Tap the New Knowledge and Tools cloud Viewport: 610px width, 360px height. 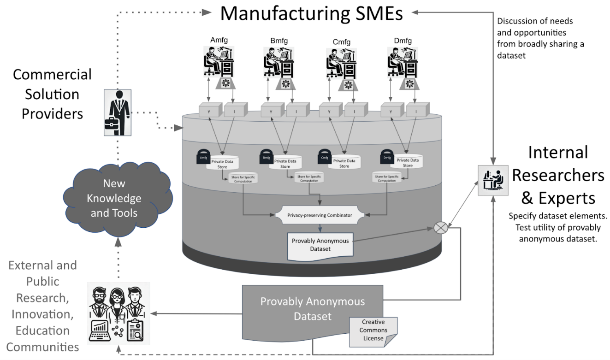(114, 198)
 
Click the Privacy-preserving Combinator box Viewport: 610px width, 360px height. (319, 215)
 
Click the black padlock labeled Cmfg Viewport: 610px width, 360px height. (325, 156)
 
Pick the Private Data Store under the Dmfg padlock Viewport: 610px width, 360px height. (408, 163)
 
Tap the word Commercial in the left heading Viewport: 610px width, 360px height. (52, 74)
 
